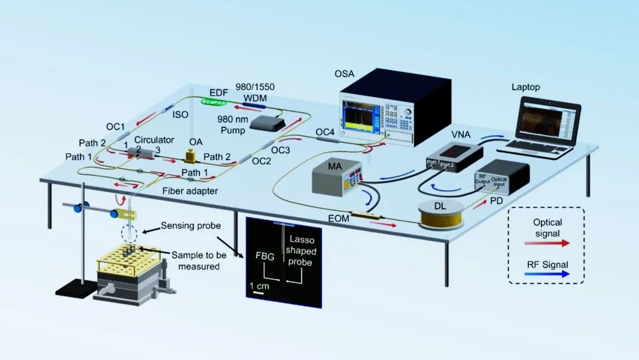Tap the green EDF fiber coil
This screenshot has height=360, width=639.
(x=217, y=102)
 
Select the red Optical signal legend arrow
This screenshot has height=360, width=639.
(x=547, y=243)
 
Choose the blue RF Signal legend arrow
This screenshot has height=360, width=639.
(x=547, y=275)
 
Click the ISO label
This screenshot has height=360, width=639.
(x=180, y=115)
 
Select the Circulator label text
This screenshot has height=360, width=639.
(x=154, y=140)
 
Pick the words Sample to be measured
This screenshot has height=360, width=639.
(x=196, y=260)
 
